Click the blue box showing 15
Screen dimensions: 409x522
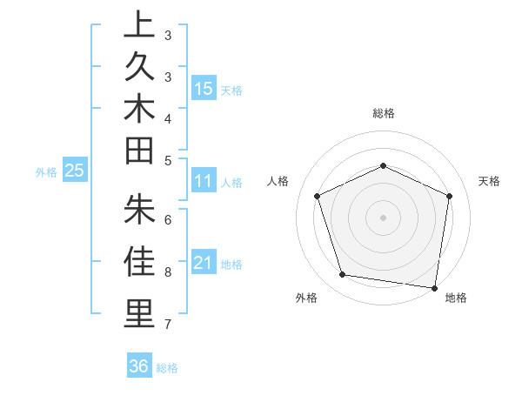(204, 89)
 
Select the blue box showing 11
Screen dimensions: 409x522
(204, 181)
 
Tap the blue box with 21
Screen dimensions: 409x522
(204, 263)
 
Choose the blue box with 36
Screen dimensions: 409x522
(139, 366)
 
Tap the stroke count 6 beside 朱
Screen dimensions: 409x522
(168, 219)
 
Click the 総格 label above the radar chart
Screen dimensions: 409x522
(384, 113)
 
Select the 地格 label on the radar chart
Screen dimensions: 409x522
(456, 298)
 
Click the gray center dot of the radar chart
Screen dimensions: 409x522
(384, 217)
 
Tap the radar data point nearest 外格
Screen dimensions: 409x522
(343, 275)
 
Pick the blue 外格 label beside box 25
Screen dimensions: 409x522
(46, 172)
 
